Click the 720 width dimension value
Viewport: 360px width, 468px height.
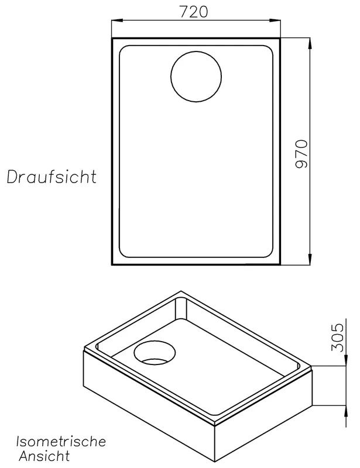coord(193,12)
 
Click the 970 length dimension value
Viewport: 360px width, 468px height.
coord(301,154)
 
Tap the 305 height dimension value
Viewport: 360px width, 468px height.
coord(338,337)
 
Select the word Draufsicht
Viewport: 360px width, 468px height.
coord(52,177)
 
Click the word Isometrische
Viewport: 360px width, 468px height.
coord(61,442)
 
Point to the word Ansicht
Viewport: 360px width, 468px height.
coord(44,456)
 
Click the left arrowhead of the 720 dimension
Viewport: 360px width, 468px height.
coord(116,20)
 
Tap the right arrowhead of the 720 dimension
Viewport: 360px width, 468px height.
coord(275,20)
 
